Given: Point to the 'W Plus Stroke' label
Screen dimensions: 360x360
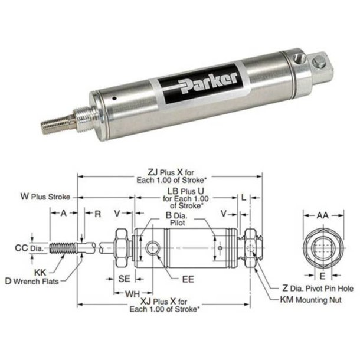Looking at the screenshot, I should (45, 196).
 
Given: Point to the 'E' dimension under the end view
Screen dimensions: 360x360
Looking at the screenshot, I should (322, 275).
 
